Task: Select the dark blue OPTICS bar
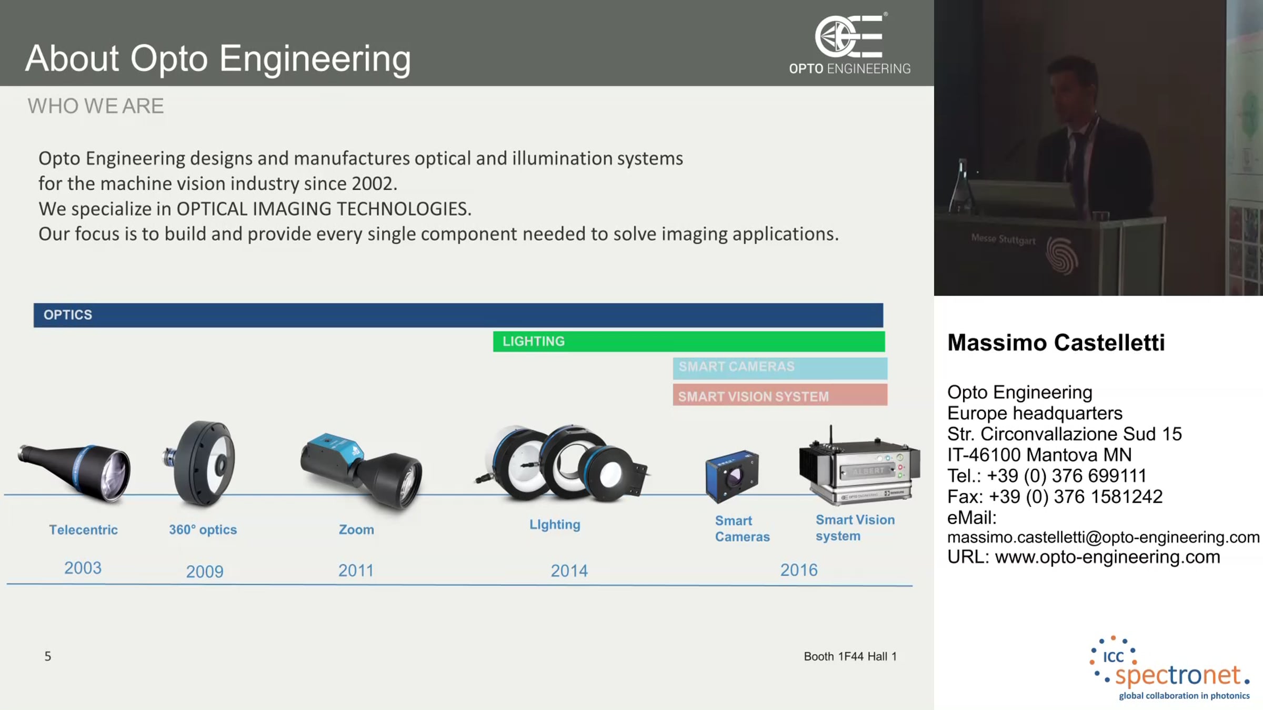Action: [458, 315]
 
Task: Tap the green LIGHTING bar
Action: [689, 341]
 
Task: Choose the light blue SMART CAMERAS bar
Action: [780, 368]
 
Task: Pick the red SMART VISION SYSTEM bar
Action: [780, 395]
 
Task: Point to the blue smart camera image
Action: [731, 476]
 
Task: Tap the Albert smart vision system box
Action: [859, 465]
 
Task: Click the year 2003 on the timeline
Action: [83, 568]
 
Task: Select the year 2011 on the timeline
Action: [356, 571]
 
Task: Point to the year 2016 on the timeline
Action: [799, 570]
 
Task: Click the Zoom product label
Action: [356, 530]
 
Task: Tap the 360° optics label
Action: [203, 530]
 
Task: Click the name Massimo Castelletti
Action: [1056, 343]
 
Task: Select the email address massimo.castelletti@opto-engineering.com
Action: [1103, 537]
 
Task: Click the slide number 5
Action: [48, 656]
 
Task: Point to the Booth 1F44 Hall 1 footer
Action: [850, 656]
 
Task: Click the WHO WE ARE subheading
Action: [96, 106]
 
